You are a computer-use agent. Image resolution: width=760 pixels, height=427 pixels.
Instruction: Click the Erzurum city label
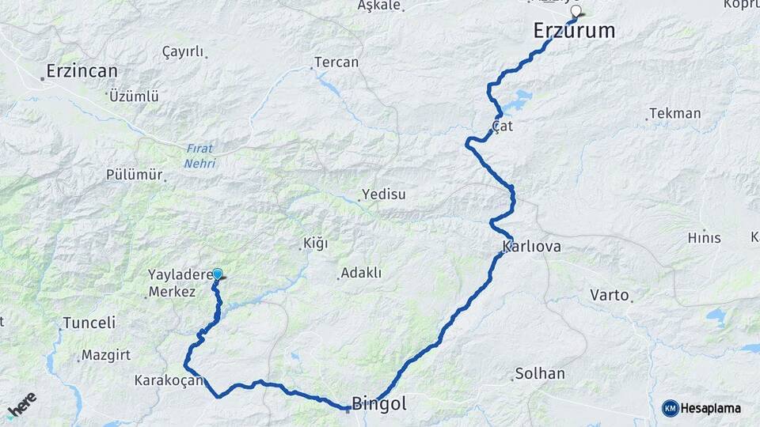[x=574, y=31]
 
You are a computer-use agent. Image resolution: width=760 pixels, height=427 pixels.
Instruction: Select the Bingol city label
[x=379, y=403]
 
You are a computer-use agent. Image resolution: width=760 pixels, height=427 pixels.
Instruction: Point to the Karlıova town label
[x=532, y=247]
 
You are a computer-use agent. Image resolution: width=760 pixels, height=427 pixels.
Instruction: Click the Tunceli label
[x=89, y=323]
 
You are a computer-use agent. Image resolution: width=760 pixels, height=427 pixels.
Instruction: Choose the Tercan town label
[x=336, y=62]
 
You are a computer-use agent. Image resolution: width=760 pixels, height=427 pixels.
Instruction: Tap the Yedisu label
[x=383, y=194]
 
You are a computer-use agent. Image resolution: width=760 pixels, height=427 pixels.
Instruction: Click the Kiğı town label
[x=315, y=244]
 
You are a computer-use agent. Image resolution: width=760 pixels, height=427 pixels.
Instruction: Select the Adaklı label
[x=360, y=274]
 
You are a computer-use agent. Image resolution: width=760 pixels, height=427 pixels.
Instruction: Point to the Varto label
[x=609, y=296]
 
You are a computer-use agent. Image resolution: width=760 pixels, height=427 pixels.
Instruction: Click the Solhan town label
[x=540, y=373]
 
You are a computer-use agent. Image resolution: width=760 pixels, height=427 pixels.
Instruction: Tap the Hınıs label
[x=704, y=237]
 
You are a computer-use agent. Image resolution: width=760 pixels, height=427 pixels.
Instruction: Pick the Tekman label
[x=674, y=113]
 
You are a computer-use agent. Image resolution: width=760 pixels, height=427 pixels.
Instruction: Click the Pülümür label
[x=134, y=175]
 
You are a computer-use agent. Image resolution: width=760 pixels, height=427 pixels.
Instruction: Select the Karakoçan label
[x=169, y=380]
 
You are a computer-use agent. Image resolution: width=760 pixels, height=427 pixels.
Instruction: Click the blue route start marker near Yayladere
[x=217, y=274]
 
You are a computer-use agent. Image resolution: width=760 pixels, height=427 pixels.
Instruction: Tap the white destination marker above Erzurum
[x=577, y=12]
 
